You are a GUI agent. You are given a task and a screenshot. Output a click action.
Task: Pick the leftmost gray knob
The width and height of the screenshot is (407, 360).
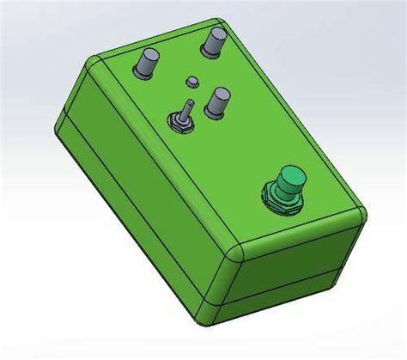tap(148, 64)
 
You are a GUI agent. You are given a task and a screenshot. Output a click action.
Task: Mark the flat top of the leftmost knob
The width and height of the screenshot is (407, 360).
tap(148, 56)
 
